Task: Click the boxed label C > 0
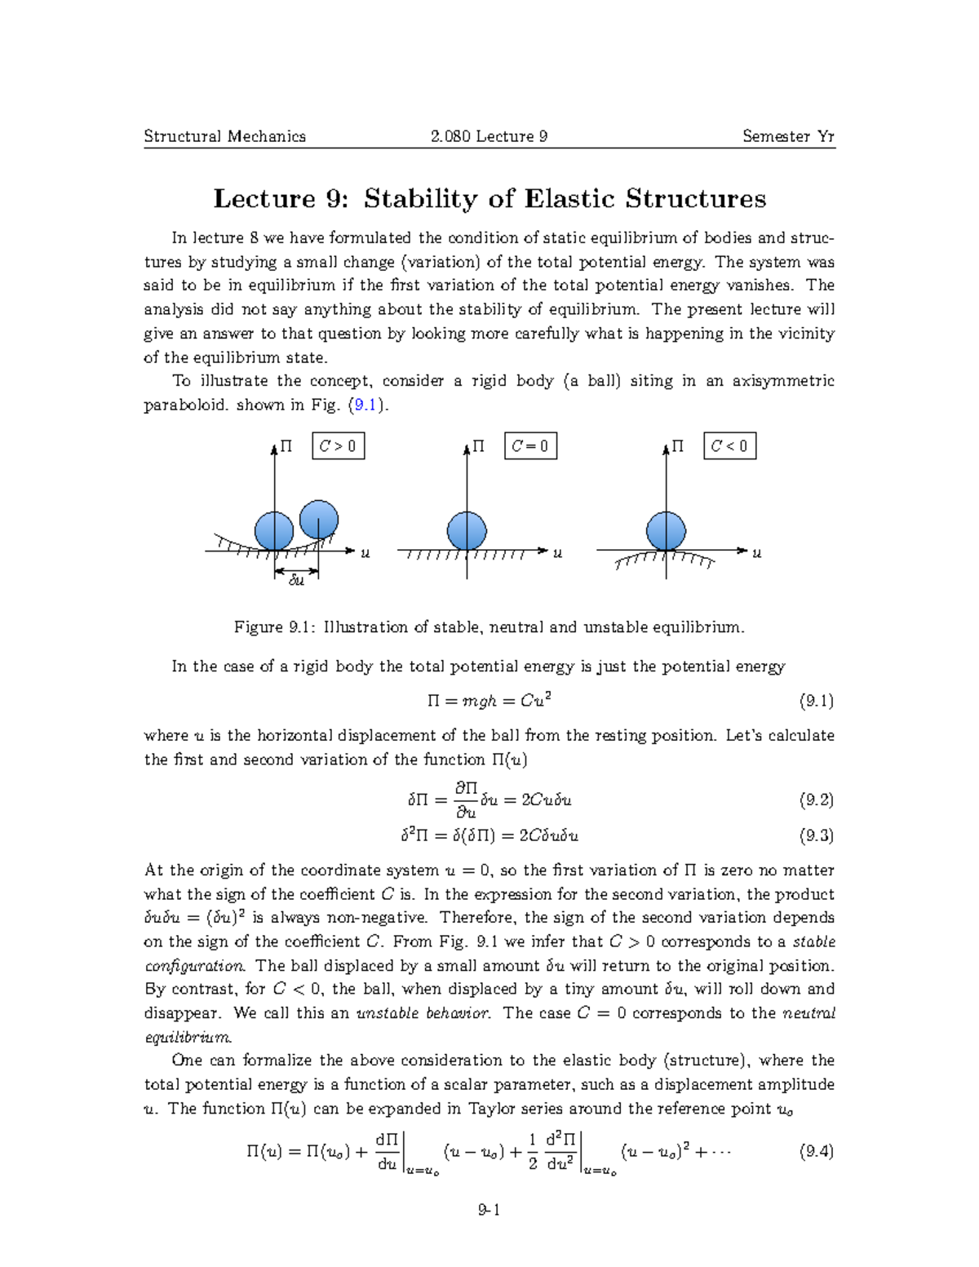pyautogui.click(x=338, y=446)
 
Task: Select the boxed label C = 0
pyautogui.click(x=530, y=446)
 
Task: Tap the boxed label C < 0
pyautogui.click(x=729, y=446)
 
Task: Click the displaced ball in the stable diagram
pyautogui.click(x=319, y=519)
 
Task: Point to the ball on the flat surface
pyautogui.click(x=467, y=531)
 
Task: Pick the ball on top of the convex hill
pyautogui.click(x=666, y=531)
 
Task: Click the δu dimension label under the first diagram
pyautogui.click(x=296, y=581)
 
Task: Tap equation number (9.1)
pyautogui.click(x=816, y=701)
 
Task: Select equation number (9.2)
pyautogui.click(x=816, y=800)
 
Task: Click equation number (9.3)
pyautogui.click(x=816, y=835)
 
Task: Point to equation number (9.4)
pyautogui.click(x=816, y=1151)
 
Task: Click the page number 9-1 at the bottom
pyautogui.click(x=489, y=1210)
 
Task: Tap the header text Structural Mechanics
pyautogui.click(x=224, y=136)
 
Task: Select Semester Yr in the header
pyautogui.click(x=788, y=136)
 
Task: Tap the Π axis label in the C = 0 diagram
pyautogui.click(x=479, y=446)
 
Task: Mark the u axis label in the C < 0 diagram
pyautogui.click(x=756, y=553)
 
